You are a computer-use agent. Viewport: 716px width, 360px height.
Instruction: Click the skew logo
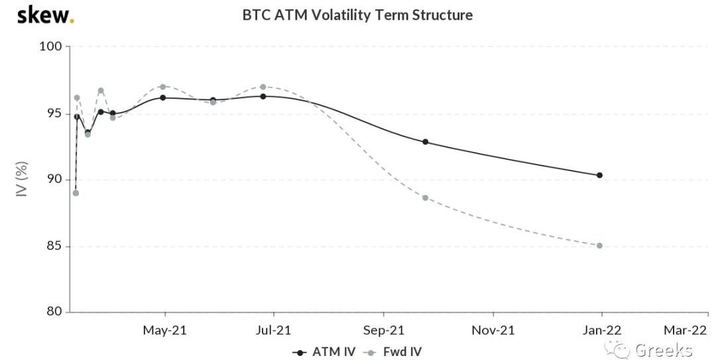(44, 15)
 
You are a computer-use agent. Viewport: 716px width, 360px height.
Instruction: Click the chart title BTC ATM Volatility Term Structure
(357, 15)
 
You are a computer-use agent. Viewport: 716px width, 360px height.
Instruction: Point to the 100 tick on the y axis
(54, 46)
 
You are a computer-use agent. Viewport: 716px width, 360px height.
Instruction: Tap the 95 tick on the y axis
(55, 113)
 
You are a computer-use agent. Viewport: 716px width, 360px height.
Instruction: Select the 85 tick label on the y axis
(55, 246)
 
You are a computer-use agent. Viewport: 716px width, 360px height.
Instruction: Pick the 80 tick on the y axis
(55, 312)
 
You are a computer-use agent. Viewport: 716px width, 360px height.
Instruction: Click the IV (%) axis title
(21, 179)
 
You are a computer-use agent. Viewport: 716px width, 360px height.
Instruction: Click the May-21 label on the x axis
(165, 330)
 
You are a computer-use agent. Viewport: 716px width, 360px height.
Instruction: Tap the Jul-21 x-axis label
(274, 330)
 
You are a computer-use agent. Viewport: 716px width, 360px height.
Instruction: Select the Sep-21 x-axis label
(384, 330)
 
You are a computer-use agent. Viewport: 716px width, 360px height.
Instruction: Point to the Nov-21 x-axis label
(493, 330)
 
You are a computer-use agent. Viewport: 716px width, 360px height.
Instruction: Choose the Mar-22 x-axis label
(686, 330)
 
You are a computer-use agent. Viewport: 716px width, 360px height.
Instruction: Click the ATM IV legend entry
(324, 351)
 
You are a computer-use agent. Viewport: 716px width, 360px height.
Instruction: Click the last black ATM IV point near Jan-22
(599, 175)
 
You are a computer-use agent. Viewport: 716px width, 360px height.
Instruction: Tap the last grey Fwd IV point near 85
(599, 245)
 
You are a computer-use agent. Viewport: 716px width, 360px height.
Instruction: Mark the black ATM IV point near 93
(425, 142)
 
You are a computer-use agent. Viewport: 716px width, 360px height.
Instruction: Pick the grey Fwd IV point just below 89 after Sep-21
(425, 198)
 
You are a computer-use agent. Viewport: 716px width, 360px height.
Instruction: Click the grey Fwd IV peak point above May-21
(162, 87)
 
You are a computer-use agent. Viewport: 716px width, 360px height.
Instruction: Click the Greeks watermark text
(663, 350)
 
